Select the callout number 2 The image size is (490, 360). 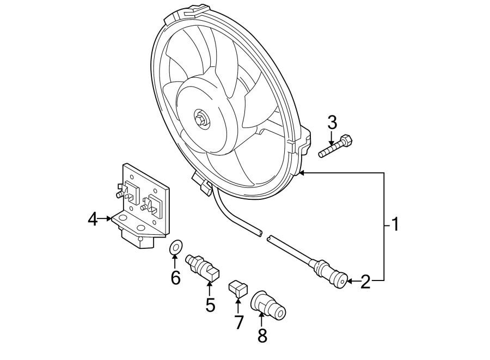click(365, 282)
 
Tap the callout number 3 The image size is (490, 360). click(332, 123)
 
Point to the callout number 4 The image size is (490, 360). click(93, 219)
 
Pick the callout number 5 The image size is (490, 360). click(210, 305)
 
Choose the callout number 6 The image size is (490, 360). click(175, 278)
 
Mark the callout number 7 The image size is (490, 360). click(238, 322)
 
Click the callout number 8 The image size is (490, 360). click(262, 336)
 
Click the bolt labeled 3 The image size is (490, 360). click(336, 145)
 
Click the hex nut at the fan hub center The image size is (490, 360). click(200, 117)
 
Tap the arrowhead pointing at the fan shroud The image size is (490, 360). click(303, 173)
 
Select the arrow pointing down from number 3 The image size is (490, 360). click(332, 139)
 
